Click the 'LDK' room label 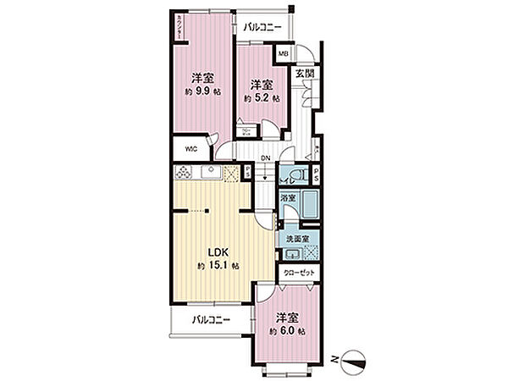[208, 251]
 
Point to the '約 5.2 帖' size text [259, 97]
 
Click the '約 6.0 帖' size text [288, 330]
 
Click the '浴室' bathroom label [288, 198]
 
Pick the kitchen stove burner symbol [185, 174]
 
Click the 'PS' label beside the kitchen [246, 173]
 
